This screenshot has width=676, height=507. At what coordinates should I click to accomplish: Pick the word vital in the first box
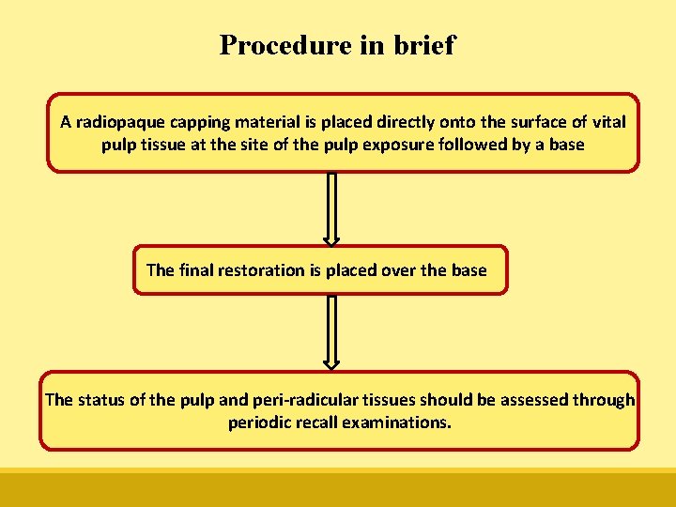[x=608, y=122]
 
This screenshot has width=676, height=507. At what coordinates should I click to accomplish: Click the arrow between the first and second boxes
[x=330, y=208]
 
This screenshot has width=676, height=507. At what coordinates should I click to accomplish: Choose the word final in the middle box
[x=195, y=270]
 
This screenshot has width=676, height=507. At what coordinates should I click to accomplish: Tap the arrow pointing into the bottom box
[x=330, y=332]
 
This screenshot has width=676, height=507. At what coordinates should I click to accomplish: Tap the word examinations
[x=397, y=422]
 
